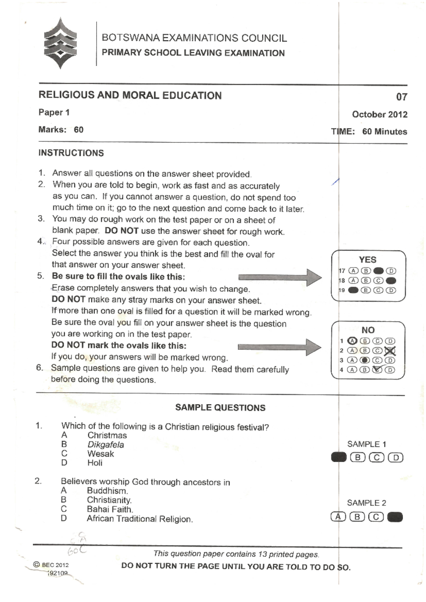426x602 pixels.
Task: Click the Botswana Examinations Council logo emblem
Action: pos(60,43)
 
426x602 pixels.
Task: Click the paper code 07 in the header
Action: pos(402,97)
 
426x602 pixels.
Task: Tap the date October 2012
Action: pos(379,114)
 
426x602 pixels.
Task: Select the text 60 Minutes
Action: pos(384,132)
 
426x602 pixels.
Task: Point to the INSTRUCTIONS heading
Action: pos(71,153)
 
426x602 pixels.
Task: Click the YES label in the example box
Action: pos(367,259)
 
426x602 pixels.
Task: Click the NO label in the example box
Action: pos(368,330)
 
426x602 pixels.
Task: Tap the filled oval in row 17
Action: pos(379,271)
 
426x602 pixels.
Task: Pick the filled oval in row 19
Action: pos(353,290)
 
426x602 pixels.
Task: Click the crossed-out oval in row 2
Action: pos(390,351)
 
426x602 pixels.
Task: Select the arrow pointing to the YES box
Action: pos(280,277)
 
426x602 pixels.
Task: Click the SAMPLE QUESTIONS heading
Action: pos(220,407)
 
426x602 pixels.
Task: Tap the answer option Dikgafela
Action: pos(105,445)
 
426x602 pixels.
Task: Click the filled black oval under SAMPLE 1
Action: pos(338,457)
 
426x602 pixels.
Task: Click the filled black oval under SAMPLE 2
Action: pos(395,517)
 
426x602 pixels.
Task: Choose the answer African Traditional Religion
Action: pos(140,519)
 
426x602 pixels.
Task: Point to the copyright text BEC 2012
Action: pos(51,565)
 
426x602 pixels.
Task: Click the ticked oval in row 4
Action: pos(377,370)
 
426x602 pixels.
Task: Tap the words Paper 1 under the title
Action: pos(54,113)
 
